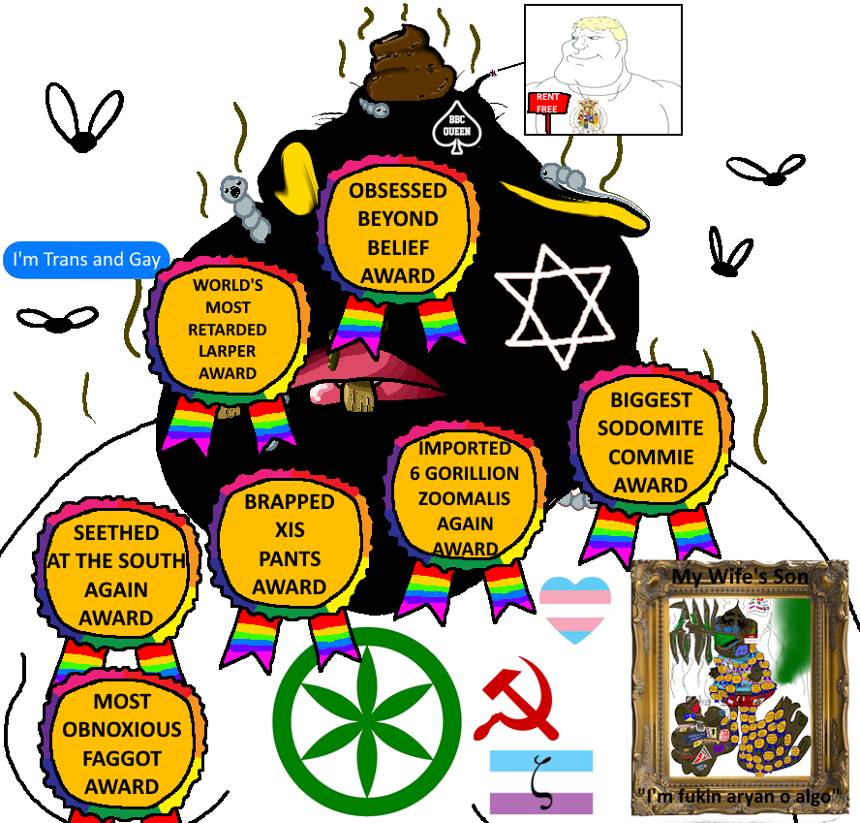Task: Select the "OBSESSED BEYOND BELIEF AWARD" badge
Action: (398, 233)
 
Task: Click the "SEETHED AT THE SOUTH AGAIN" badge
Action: (115, 574)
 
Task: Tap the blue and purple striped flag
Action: (541, 781)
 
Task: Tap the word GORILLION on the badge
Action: (468, 474)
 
